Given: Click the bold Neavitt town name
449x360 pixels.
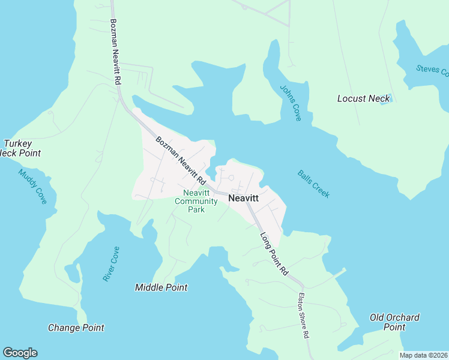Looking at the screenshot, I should point(244,198).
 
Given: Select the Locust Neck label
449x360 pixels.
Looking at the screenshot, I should point(363,98).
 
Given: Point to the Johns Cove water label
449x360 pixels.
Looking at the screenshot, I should point(290,103).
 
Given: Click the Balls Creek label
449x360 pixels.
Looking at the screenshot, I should point(313,184).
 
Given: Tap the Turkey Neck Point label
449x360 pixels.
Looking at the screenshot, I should point(21,148).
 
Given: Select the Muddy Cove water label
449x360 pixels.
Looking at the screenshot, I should point(32,186).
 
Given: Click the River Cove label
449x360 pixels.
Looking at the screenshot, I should point(111,264).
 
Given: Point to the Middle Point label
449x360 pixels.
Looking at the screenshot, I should point(161,287).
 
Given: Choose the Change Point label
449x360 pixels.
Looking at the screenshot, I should point(76,328).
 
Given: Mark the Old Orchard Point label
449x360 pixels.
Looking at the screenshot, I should point(394,322).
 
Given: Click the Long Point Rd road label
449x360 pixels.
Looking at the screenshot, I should point(274,254).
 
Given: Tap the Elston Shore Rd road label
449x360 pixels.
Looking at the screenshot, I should point(304,316).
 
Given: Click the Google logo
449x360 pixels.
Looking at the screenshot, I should point(20,353).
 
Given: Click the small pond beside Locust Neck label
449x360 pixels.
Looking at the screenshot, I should point(390,100).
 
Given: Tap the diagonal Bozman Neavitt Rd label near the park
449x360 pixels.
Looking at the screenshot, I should point(181,161).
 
